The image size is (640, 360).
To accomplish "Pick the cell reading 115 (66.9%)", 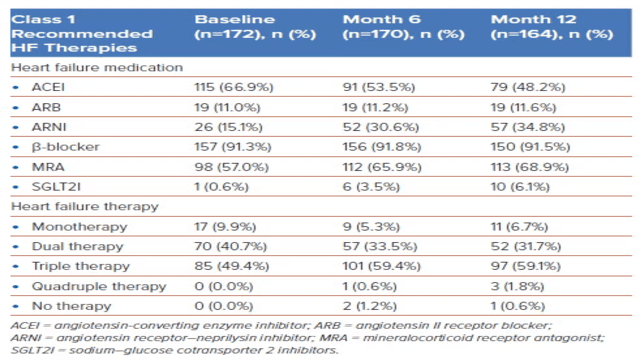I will coord(231,89).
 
